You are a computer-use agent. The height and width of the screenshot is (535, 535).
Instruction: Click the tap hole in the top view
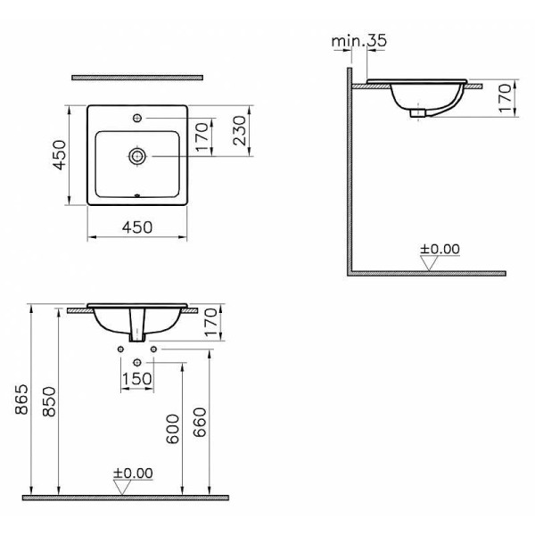click(x=137, y=118)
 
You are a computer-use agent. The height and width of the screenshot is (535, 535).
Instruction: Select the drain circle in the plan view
click(x=137, y=156)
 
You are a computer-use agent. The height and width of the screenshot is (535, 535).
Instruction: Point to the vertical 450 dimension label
click(x=60, y=155)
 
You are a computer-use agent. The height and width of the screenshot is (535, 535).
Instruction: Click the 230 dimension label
click(x=240, y=131)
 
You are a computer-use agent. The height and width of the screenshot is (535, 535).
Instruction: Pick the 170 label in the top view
click(x=202, y=136)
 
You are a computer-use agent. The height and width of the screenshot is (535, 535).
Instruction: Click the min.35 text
click(x=359, y=41)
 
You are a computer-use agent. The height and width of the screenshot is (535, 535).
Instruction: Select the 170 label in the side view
click(x=506, y=98)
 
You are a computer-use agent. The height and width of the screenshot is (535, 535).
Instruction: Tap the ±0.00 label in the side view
click(x=440, y=249)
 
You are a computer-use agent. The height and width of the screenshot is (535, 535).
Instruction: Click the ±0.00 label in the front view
click(x=133, y=473)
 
